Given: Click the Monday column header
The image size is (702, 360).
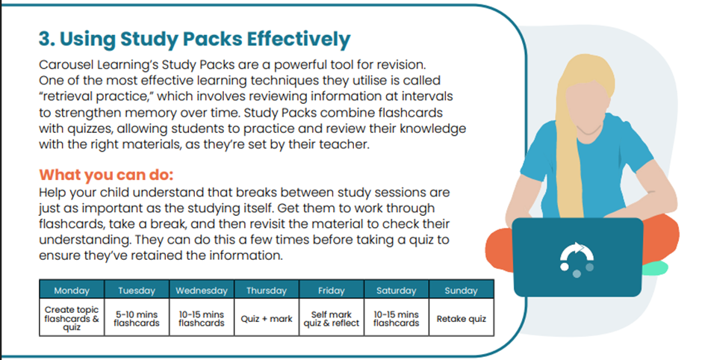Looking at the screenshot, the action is pos(72,290).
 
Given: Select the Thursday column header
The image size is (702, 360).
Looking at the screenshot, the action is pos(267,290).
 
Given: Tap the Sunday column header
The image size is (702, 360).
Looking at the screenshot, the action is pos(461,290).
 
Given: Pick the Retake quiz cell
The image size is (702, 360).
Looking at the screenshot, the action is pos(461,319).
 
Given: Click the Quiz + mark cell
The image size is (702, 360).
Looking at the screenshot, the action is pos(267,319).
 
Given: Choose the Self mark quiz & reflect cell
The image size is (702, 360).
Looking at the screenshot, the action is pos(332,319).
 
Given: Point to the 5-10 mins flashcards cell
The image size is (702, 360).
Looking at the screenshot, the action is pos(137,319).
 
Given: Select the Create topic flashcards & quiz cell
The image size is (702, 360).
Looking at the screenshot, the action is pos(72,319).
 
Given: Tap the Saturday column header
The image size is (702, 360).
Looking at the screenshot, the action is pos(397,290).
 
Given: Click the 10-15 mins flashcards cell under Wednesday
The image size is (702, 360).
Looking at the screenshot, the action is pos(202,319).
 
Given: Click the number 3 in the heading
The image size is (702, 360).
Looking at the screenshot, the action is pos(45,39).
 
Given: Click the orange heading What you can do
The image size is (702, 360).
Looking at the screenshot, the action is pos(106,174).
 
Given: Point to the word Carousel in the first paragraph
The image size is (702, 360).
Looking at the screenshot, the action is pos(60,65).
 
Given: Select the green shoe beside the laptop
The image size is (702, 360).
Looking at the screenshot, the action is pos(654,268).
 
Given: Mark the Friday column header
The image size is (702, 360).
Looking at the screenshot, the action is pos(332,290).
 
